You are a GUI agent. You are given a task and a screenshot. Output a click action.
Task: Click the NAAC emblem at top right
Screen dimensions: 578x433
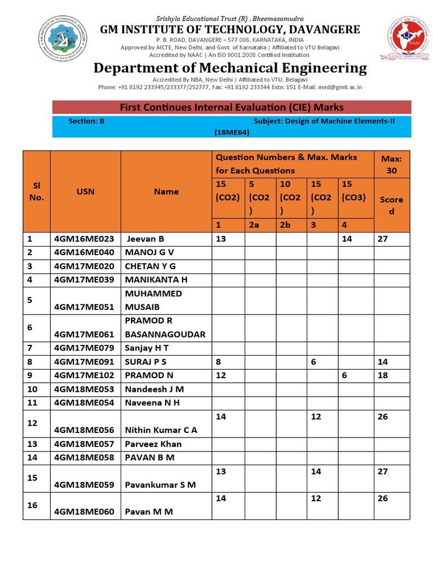(404, 38)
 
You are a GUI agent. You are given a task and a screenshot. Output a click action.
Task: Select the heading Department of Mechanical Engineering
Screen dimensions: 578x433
(230, 68)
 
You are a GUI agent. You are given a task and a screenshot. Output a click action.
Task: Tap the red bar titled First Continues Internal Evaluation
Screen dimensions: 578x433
(232, 107)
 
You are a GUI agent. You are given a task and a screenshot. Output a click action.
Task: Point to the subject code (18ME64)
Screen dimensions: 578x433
(232, 133)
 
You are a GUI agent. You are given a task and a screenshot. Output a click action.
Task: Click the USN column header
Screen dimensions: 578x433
(86, 191)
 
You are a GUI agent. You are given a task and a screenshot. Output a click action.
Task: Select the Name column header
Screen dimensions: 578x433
(166, 191)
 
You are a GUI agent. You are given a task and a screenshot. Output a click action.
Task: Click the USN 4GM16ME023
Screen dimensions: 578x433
(84, 239)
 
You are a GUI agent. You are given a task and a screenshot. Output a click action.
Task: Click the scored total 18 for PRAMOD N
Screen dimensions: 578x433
(383, 375)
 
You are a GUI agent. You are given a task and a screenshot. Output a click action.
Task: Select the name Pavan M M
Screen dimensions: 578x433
(149, 511)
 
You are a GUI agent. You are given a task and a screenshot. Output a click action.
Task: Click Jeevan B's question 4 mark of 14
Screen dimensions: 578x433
(347, 239)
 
